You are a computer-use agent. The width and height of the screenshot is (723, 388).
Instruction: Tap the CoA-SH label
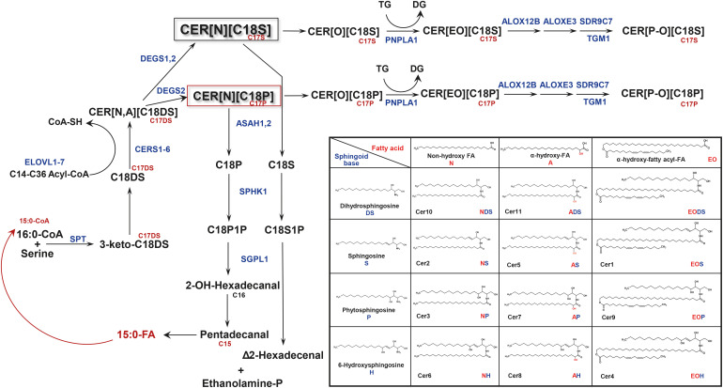click(x=42, y=121)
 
